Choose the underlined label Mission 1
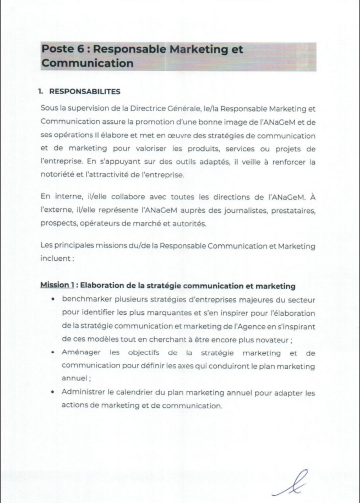tap(57, 286)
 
